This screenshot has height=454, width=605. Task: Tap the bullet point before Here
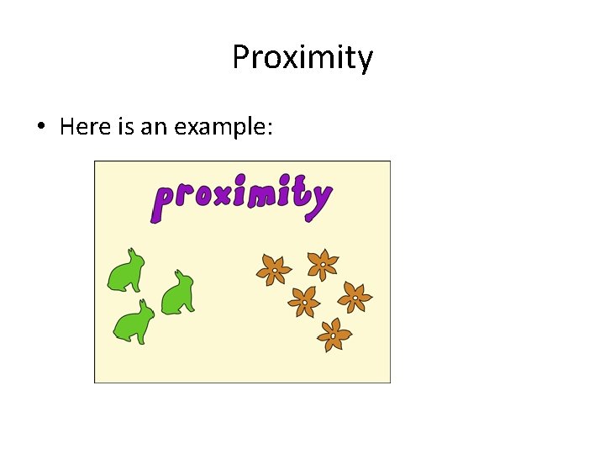40,128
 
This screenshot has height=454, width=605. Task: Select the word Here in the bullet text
81,127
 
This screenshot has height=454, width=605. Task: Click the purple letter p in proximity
163,202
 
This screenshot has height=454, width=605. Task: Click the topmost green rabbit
127,271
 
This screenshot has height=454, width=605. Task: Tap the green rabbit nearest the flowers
177,293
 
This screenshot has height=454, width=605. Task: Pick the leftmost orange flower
273,270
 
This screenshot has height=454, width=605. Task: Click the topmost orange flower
321,265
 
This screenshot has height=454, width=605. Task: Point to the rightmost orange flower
355,297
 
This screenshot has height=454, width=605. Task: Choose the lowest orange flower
334,335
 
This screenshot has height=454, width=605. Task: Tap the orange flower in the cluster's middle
304,301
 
